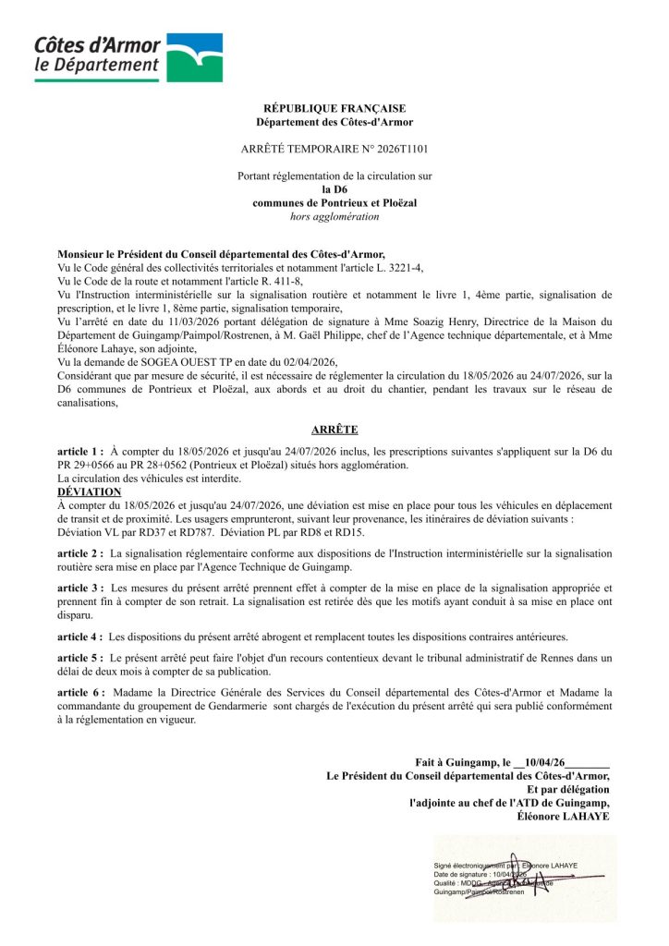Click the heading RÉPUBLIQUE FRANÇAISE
pos(334,108)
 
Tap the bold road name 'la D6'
pos(334,189)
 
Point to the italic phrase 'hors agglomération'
pos(334,217)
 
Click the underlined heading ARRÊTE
pos(334,430)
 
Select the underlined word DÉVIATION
pos(90,492)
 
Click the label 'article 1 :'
pos(80,451)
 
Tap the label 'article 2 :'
pos(80,552)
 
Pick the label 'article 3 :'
pos(80,588)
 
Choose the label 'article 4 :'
pos(80,637)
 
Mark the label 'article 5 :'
pos(80,658)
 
